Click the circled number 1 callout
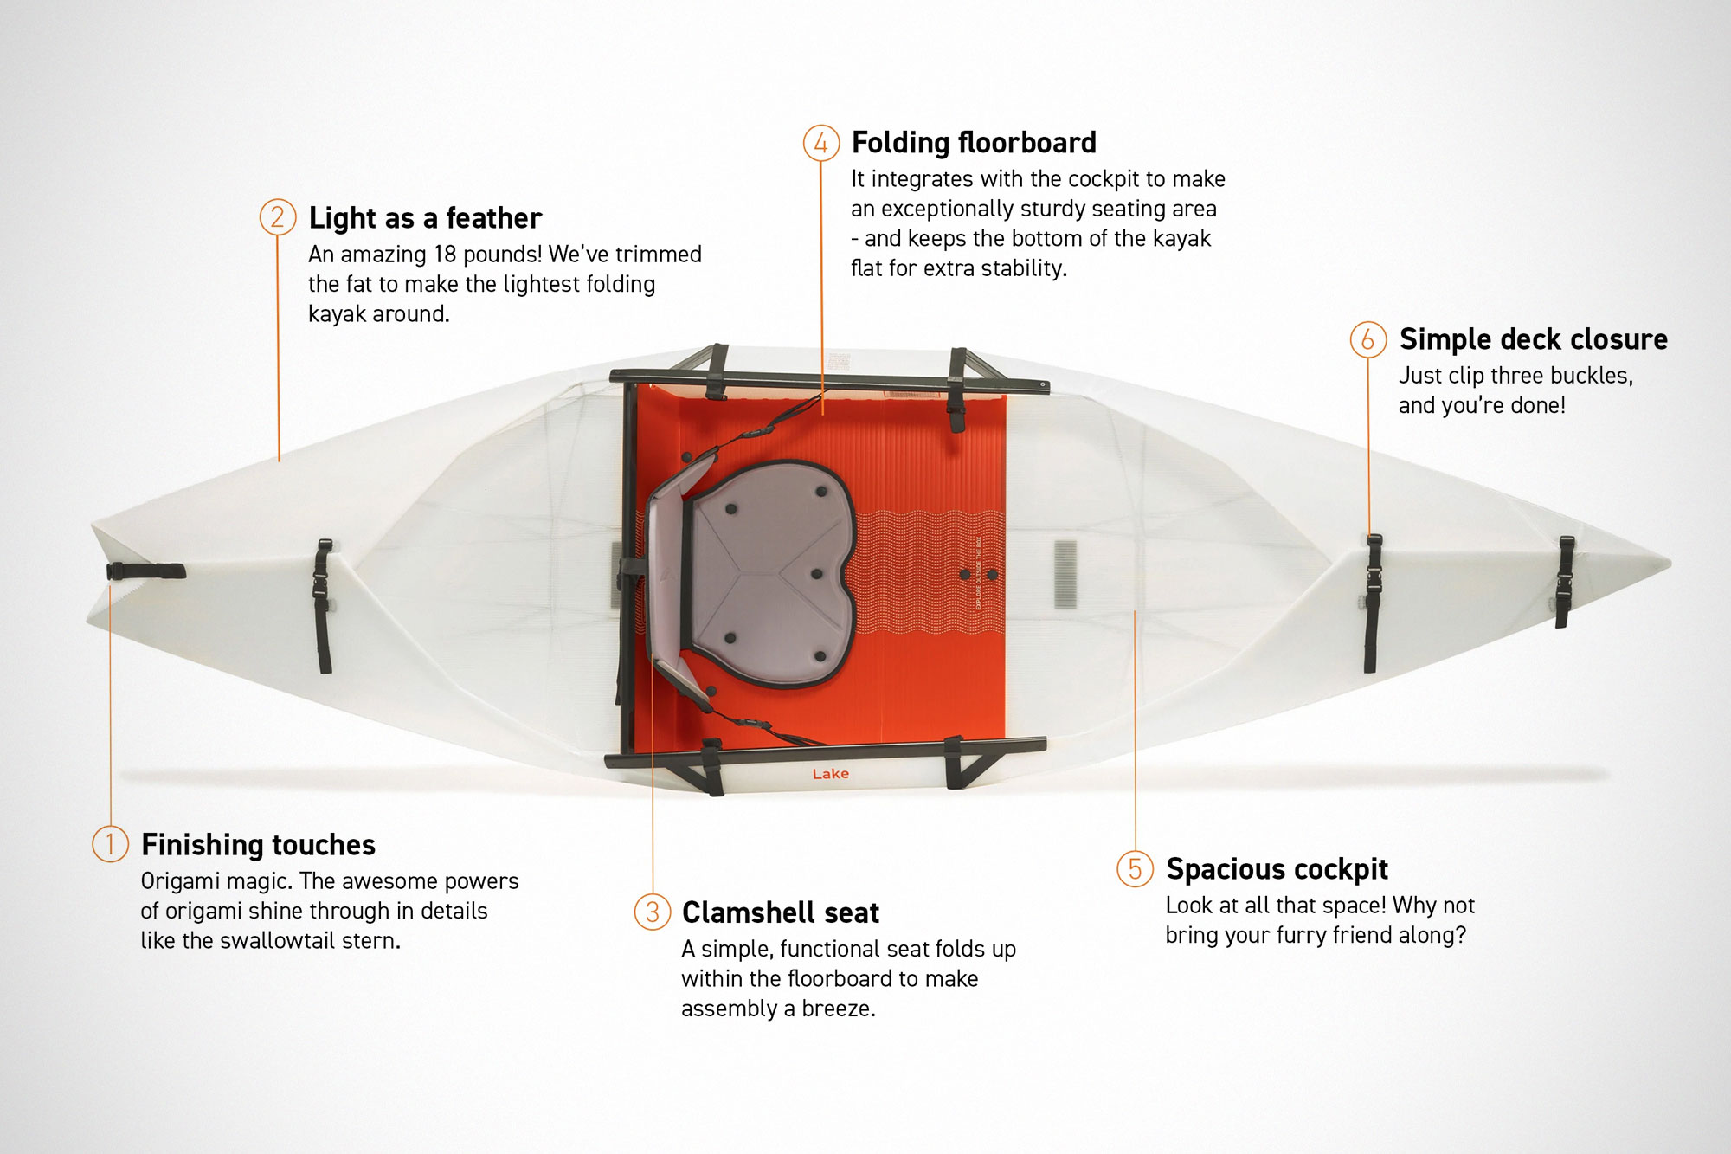pos(110,844)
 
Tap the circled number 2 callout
pos(278,217)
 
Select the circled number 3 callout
pos(653,912)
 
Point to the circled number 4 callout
pos(821,143)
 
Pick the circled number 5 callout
pos(1135,868)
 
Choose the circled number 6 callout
pos(1368,339)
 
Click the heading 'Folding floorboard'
pos(974,143)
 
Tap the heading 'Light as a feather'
pos(425,218)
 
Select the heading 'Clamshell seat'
pos(781,912)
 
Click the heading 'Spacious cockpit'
pos(1277,869)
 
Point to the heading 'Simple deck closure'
pos(1534,339)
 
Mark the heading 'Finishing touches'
pos(258,845)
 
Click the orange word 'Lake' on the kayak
pos(831,774)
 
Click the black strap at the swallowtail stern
pos(145,571)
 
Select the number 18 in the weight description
pos(445,255)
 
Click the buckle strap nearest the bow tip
pos(1565,582)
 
